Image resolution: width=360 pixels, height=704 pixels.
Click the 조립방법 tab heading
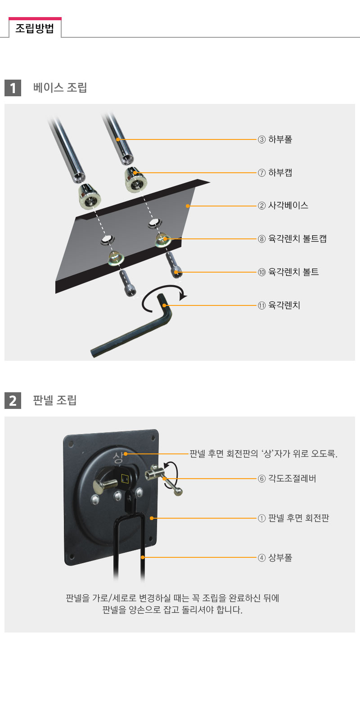point(35,28)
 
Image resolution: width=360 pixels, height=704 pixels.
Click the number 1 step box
point(13,88)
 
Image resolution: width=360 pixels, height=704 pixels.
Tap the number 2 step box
point(13,400)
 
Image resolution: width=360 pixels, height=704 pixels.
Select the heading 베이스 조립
point(60,87)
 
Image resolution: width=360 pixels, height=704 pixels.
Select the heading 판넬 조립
point(55,400)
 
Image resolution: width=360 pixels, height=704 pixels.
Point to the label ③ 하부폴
point(275,139)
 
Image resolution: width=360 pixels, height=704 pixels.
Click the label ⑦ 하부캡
point(275,173)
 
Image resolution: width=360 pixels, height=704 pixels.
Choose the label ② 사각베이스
point(283,206)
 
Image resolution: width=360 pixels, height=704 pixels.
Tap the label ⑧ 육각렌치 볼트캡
point(292,239)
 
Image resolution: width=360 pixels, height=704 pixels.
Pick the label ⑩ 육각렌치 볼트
point(288,272)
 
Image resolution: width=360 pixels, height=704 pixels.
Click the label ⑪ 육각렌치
point(279,305)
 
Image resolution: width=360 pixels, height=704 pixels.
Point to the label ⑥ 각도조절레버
point(287,479)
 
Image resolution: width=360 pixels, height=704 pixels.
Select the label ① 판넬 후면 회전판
point(293,518)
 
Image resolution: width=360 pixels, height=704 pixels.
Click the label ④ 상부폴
point(275,557)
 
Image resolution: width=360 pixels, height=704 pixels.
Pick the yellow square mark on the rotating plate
point(125,478)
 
